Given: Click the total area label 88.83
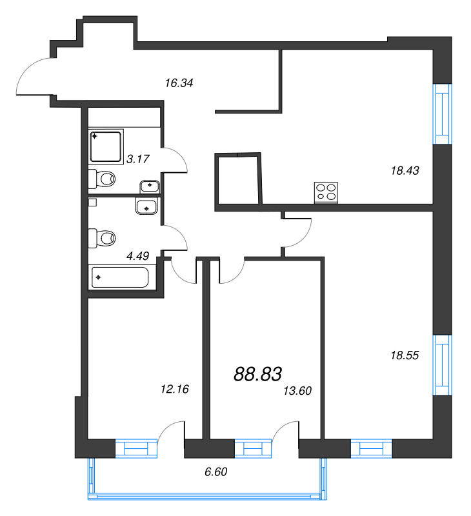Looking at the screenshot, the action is [257, 374].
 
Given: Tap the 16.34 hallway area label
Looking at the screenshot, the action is [179, 83].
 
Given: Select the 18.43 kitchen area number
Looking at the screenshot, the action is [405, 170].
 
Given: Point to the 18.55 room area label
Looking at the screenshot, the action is [405, 355].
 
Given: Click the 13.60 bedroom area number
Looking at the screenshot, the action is [297, 391].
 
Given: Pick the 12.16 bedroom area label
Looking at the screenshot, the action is [175, 390].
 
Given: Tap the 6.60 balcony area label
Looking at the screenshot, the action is [216, 472].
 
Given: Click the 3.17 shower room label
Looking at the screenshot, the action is [138, 159].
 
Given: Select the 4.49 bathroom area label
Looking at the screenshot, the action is [138, 255].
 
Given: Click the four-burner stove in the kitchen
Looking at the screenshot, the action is [326, 192].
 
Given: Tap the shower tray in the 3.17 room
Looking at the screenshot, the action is [106, 147].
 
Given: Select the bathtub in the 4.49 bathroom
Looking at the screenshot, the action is [120, 277].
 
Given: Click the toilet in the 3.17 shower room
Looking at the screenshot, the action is [102, 179].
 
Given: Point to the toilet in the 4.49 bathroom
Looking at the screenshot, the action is [102, 238].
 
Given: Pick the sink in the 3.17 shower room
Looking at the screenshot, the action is [150, 187].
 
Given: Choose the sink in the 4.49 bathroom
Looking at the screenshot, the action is [146, 206].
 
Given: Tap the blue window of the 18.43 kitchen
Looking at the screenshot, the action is [443, 114].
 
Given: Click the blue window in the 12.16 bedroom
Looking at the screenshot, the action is [136, 448].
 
